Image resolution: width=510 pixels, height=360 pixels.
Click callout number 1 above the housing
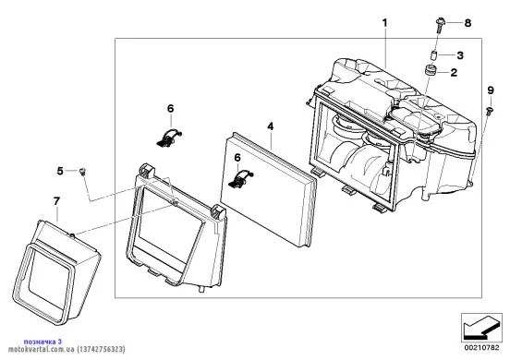384,23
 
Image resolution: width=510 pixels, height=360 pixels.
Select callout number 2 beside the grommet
454,72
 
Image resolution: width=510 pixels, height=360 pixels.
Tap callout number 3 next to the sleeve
460,55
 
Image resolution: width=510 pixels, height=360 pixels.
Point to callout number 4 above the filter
271,126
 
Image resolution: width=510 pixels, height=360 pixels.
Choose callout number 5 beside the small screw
60,171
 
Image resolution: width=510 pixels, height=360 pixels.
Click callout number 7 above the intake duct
56,201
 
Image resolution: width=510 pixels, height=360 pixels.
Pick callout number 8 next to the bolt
467,23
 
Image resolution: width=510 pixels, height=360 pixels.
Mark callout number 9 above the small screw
491,90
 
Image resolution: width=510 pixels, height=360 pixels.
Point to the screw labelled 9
490,111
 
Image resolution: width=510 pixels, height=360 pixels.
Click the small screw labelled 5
82,171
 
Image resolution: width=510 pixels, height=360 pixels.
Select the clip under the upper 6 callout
169,138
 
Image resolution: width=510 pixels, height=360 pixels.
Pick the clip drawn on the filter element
241,179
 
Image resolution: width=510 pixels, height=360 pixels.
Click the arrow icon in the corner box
481,328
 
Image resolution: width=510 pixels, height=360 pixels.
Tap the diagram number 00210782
481,348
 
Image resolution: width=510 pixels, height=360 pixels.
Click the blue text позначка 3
42,342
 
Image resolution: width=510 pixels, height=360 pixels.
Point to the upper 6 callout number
170,109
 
